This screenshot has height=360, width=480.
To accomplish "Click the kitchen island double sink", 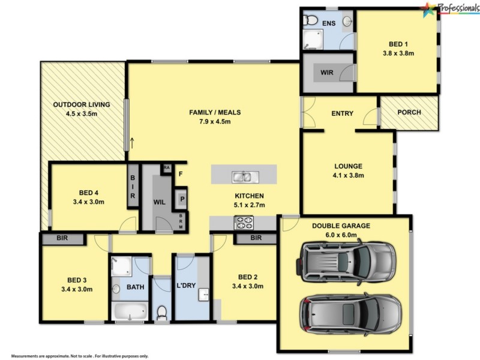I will (x=244, y=176).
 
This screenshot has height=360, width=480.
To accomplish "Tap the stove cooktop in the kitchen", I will (x=244, y=223).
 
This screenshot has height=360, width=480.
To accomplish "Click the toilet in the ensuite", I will (x=310, y=22).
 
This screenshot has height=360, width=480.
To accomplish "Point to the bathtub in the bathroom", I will (x=130, y=311).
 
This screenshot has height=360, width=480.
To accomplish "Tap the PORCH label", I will (x=409, y=112).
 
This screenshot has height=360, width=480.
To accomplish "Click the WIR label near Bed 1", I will (x=327, y=72).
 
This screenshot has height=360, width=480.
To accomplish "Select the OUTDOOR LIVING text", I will (x=82, y=104).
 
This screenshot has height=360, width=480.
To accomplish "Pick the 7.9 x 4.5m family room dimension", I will (x=210, y=122).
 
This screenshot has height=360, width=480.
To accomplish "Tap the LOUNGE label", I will (x=349, y=166).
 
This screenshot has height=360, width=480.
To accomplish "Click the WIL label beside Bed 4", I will (x=159, y=202).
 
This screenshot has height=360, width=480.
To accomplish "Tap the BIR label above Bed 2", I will (x=256, y=238).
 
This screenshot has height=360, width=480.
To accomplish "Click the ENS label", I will (x=329, y=23).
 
